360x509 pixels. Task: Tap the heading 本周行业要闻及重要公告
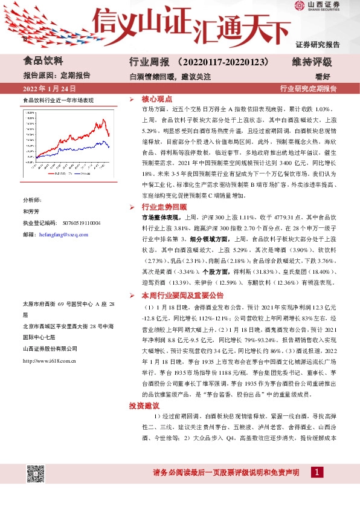182,296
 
